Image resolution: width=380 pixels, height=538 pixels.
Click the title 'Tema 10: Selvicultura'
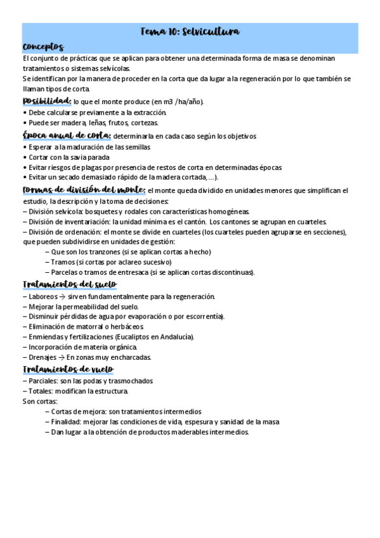189,32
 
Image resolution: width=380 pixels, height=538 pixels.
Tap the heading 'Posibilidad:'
46,101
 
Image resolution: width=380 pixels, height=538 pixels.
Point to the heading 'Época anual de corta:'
67,135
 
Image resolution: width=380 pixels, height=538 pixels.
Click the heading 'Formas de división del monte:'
84,190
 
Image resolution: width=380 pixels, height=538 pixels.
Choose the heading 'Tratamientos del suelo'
69,284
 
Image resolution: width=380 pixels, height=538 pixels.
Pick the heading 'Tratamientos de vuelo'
67,369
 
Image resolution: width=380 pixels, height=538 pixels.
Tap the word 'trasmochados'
130,381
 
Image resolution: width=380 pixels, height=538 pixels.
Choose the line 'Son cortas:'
39,402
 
